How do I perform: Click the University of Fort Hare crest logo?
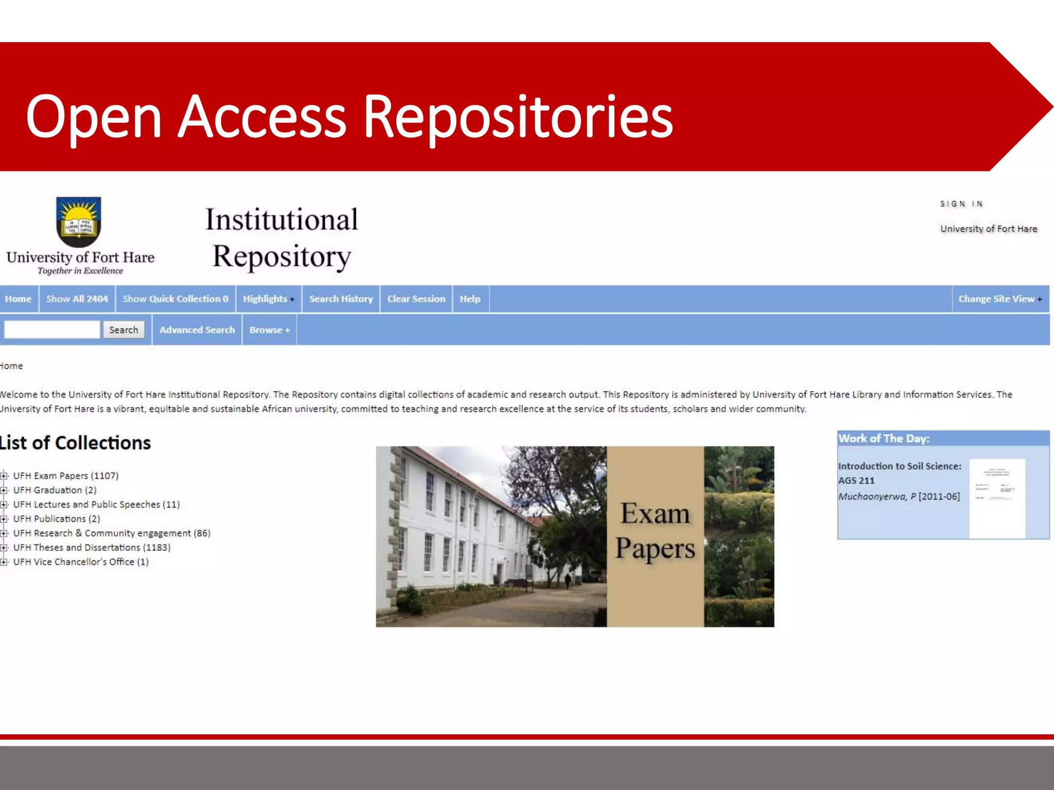pyautogui.click(x=79, y=222)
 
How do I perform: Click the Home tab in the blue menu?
pyautogui.click(x=19, y=299)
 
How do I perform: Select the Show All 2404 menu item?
pyautogui.click(x=77, y=299)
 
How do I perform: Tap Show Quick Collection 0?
pyautogui.click(x=175, y=299)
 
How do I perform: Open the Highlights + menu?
pyautogui.click(x=269, y=299)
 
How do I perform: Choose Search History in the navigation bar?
pyautogui.click(x=341, y=299)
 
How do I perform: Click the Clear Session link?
pyautogui.click(x=416, y=299)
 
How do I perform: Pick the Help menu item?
pyautogui.click(x=470, y=299)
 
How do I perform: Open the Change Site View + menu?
pyautogui.click(x=1000, y=299)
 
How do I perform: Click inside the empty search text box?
pyautogui.click(x=52, y=330)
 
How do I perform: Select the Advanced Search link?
pyautogui.click(x=197, y=330)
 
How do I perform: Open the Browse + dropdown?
pyautogui.click(x=270, y=330)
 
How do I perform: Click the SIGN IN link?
pyautogui.click(x=961, y=204)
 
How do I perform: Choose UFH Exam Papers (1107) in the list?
pyautogui.click(x=66, y=476)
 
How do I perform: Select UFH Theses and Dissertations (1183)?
pyautogui.click(x=92, y=548)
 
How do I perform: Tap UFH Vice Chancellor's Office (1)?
pyautogui.click(x=81, y=562)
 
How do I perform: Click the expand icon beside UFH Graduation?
pyautogui.click(x=4, y=490)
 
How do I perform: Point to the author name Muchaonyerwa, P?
pyautogui.click(x=877, y=497)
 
